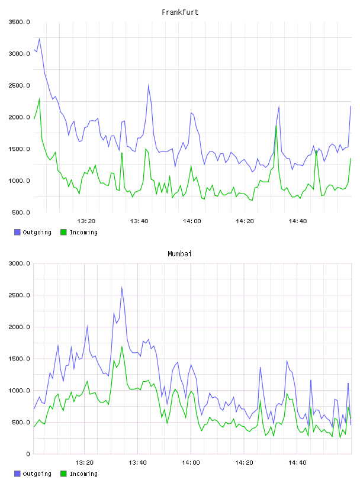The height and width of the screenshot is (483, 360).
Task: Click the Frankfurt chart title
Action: click(x=180, y=12)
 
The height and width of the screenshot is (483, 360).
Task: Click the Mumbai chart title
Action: click(x=179, y=253)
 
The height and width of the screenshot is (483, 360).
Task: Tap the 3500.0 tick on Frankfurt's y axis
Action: click(x=19, y=22)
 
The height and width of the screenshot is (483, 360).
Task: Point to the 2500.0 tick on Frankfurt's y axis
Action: click(x=19, y=85)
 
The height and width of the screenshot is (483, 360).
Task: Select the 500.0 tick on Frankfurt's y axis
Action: click(x=21, y=212)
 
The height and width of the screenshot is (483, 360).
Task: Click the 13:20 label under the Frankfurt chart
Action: click(x=86, y=221)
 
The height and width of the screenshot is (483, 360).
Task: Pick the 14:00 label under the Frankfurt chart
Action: click(x=192, y=221)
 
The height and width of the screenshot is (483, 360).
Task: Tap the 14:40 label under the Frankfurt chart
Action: click(x=297, y=221)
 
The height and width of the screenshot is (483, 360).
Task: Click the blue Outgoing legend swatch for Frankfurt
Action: click(x=17, y=232)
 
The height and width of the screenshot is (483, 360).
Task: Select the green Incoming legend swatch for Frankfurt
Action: click(x=63, y=232)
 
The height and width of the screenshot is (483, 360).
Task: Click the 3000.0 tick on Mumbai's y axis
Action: click(x=19, y=263)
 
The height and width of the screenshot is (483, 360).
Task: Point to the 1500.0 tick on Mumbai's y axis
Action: click(x=19, y=359)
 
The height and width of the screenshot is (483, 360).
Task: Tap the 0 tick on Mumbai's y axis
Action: click(x=28, y=454)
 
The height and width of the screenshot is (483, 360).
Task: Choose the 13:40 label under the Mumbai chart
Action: click(x=137, y=462)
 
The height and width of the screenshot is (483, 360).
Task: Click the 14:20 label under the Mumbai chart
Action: click(x=244, y=462)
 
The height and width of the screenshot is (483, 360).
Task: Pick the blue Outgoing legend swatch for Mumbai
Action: click(x=17, y=474)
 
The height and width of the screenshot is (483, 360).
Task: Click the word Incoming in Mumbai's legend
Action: click(x=83, y=474)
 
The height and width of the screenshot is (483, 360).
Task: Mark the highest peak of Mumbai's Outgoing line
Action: click(x=122, y=288)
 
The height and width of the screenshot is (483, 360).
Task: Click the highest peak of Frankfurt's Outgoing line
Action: click(x=39, y=38)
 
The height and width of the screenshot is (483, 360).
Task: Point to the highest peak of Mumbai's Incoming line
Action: click(x=122, y=346)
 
